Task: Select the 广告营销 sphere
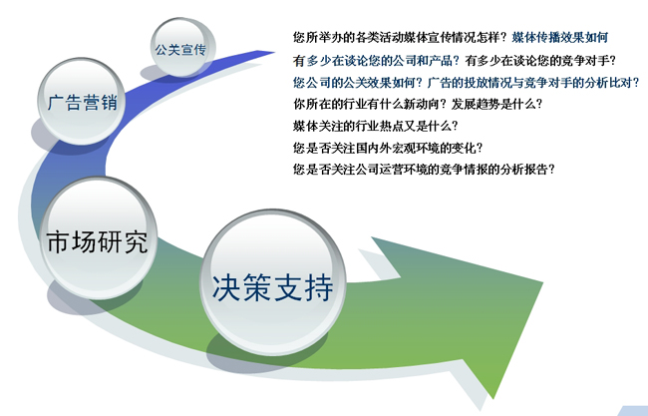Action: pyautogui.click(x=81, y=101)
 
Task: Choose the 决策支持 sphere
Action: pyautogui.click(x=273, y=282)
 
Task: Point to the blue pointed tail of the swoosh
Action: pyautogui.click(x=273, y=52)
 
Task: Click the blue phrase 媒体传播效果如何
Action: pyautogui.click(x=560, y=38)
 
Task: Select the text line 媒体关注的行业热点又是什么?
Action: pyautogui.click(x=376, y=126)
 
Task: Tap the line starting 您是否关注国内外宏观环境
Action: pyautogui.click(x=388, y=148)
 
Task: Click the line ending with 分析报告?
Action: pyautogui.click(x=424, y=170)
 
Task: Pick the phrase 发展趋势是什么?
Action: pyautogui.click(x=496, y=104)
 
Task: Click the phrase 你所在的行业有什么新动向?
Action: pyautogui.click(x=370, y=104)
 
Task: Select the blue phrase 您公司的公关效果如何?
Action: pyautogui.click(x=358, y=82)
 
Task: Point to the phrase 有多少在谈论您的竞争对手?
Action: pyautogui.click(x=540, y=61)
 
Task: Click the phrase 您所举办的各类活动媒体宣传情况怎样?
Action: pyautogui.click(x=400, y=38)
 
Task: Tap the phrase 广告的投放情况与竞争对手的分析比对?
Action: pyautogui.click(x=533, y=82)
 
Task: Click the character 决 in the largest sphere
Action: pyautogui.click(x=226, y=286)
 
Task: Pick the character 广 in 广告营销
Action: pyautogui.click(x=56, y=102)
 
